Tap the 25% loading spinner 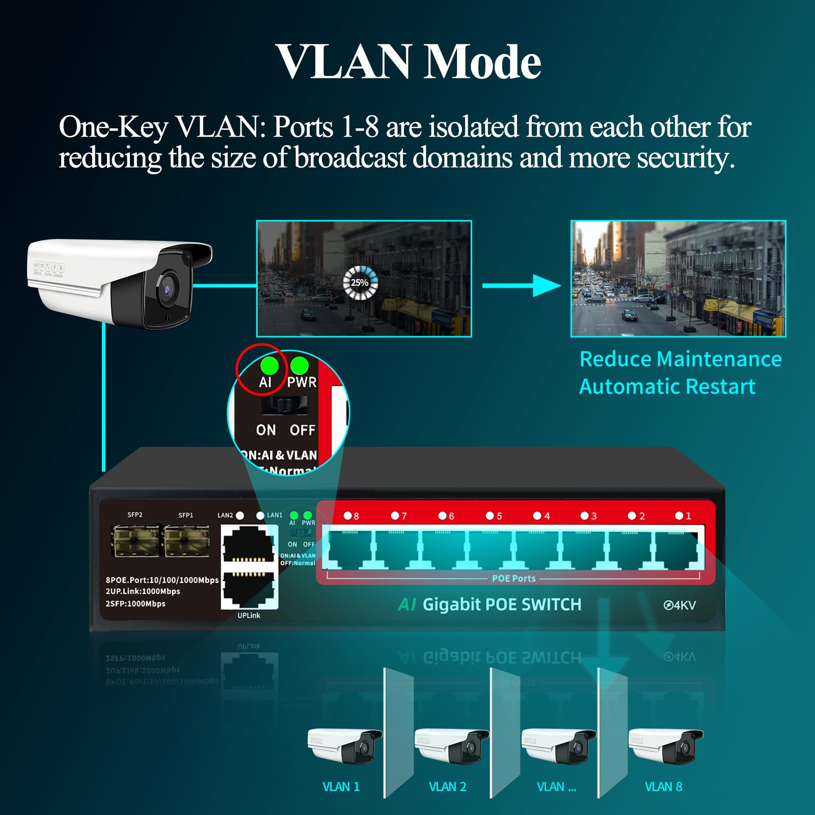[360, 282]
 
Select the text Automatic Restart [667, 387]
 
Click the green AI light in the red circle [269, 366]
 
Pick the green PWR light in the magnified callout [300, 365]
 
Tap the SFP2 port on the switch [135, 541]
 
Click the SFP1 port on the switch [186, 541]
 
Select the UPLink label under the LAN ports [249, 615]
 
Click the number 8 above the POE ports [356, 516]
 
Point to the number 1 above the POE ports [688, 516]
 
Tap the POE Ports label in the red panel [513, 579]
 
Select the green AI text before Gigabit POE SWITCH [407, 605]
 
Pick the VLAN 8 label [663, 787]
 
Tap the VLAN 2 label [447, 787]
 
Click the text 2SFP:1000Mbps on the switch [135, 604]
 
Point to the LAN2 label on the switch [225, 515]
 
